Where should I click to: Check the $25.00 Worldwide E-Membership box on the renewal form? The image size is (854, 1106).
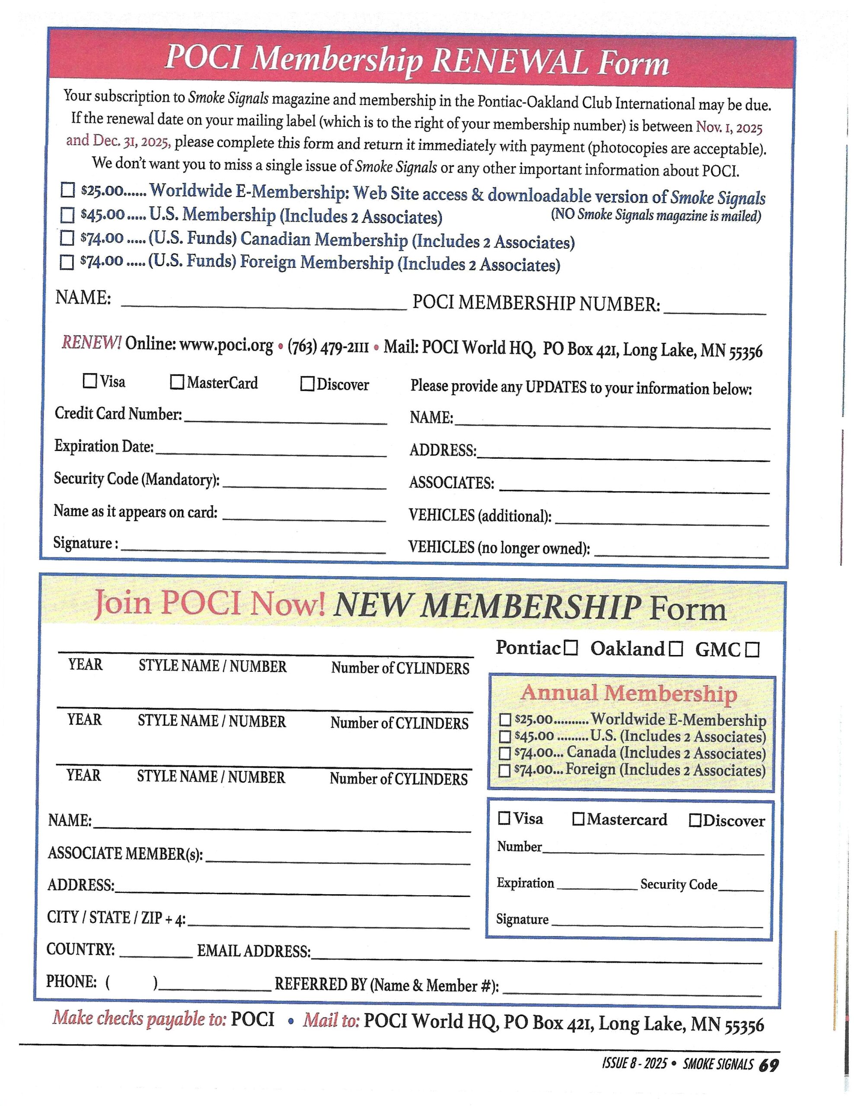pos(67,190)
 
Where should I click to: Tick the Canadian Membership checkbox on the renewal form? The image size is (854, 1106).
pos(67,238)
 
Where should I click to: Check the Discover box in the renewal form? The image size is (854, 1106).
pos(307,383)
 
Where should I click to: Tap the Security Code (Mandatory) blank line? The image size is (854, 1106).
pos(304,484)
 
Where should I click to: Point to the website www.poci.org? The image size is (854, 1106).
pos(226,345)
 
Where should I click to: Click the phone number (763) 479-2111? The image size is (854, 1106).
pos(328,347)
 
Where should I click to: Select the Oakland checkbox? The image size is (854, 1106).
pos(676,649)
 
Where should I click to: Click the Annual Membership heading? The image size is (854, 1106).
pos(628,693)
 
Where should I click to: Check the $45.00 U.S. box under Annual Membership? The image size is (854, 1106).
pos(505,736)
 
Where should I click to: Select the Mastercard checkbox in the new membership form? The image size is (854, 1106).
pos(578,820)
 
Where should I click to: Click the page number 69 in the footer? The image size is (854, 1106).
pos(768,1065)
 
